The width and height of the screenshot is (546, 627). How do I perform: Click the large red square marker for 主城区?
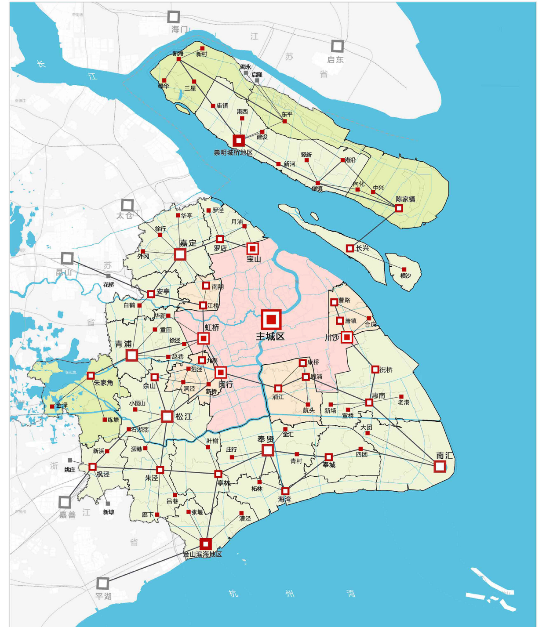point(271,319)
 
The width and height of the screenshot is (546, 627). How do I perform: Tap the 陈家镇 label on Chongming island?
point(405,199)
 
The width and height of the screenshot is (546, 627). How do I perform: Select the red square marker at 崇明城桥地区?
point(239,141)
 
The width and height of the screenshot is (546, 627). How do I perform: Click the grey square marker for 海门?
point(174,17)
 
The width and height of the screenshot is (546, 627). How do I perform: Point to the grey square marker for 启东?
point(337,46)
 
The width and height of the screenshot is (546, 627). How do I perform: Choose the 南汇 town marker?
point(440,466)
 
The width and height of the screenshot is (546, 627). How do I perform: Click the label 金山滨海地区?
point(203,555)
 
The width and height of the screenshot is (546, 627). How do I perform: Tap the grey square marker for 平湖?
point(102,583)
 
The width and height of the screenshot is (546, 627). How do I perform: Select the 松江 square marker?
point(167,416)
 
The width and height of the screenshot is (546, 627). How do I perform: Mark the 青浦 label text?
point(124,344)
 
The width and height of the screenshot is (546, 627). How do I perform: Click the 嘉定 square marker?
point(180,254)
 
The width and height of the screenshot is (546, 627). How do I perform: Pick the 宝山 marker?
point(252,248)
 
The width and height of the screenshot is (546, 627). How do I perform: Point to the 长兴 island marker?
point(350,248)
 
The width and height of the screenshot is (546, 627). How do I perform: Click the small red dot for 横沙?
point(404,269)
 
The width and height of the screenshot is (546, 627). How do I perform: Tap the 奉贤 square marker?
point(268,450)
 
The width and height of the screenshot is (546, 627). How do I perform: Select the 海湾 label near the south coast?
point(284,500)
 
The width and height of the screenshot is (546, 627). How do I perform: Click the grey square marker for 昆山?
point(67,258)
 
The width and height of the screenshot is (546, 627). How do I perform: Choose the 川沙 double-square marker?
point(347,337)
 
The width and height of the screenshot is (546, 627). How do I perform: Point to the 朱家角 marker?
point(91,375)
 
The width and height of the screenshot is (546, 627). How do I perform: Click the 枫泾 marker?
point(92,467)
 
